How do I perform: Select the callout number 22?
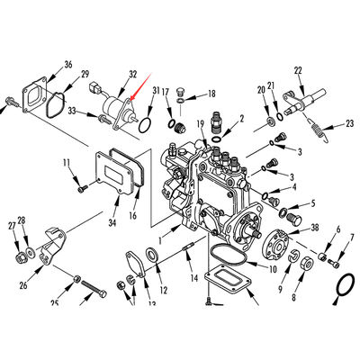(x=298, y=69)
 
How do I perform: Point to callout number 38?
(x=314, y=229)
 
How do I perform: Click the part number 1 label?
(x=162, y=240)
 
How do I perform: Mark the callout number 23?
(x=349, y=127)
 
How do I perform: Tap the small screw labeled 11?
(x=81, y=189)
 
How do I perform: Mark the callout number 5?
(x=312, y=203)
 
